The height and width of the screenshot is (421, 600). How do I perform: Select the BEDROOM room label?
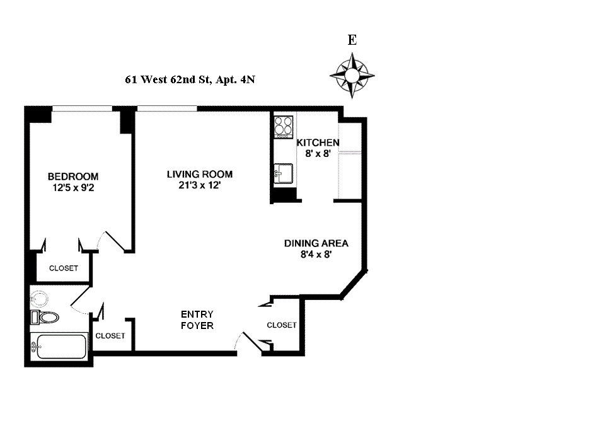(73, 176)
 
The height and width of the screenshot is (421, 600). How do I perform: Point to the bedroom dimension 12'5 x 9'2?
(73, 187)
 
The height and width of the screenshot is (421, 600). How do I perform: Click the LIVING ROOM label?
(200, 175)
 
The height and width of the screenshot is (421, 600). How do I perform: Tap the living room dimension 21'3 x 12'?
(200, 185)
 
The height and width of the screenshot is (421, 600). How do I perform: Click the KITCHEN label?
(318, 142)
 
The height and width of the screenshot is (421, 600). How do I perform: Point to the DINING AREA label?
(316, 243)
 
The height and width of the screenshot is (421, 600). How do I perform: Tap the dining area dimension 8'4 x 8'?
(316, 255)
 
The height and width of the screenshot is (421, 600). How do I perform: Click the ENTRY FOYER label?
(197, 320)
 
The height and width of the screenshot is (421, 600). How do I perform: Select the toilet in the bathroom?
(44, 316)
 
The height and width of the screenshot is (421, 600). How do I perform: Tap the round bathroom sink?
(40, 298)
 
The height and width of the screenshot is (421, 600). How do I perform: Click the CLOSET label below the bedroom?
(64, 268)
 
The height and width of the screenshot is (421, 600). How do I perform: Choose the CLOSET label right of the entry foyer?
(281, 325)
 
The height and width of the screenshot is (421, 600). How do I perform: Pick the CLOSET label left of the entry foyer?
(110, 336)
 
